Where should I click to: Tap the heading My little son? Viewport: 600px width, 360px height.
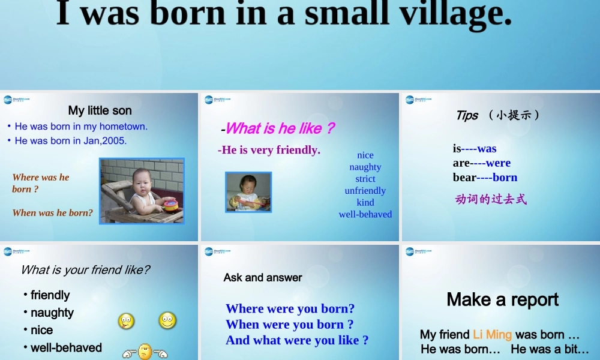[100, 110]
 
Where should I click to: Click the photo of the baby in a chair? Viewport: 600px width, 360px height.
[142, 191]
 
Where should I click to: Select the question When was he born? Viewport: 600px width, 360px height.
[53, 212]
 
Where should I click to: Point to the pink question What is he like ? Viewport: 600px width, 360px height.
[279, 128]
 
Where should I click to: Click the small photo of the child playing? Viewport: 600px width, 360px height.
[248, 192]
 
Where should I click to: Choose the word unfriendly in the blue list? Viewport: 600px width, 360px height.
[365, 191]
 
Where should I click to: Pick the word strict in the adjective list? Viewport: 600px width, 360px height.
[365, 179]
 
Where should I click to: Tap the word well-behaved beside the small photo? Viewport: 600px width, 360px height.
[365, 214]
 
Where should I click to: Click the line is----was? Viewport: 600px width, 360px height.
[475, 149]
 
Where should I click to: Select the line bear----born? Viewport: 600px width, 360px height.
[485, 178]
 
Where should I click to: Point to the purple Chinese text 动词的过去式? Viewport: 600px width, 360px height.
[491, 199]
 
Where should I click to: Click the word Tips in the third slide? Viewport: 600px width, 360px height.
[467, 115]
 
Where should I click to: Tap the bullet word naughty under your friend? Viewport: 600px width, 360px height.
[52, 313]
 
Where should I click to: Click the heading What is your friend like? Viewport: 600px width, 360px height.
[85, 270]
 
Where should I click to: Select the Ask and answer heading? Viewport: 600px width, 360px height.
[263, 278]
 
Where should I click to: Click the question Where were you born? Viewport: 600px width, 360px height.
[290, 309]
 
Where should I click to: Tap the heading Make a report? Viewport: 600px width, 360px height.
[503, 299]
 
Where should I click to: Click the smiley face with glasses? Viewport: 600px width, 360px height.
[167, 321]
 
